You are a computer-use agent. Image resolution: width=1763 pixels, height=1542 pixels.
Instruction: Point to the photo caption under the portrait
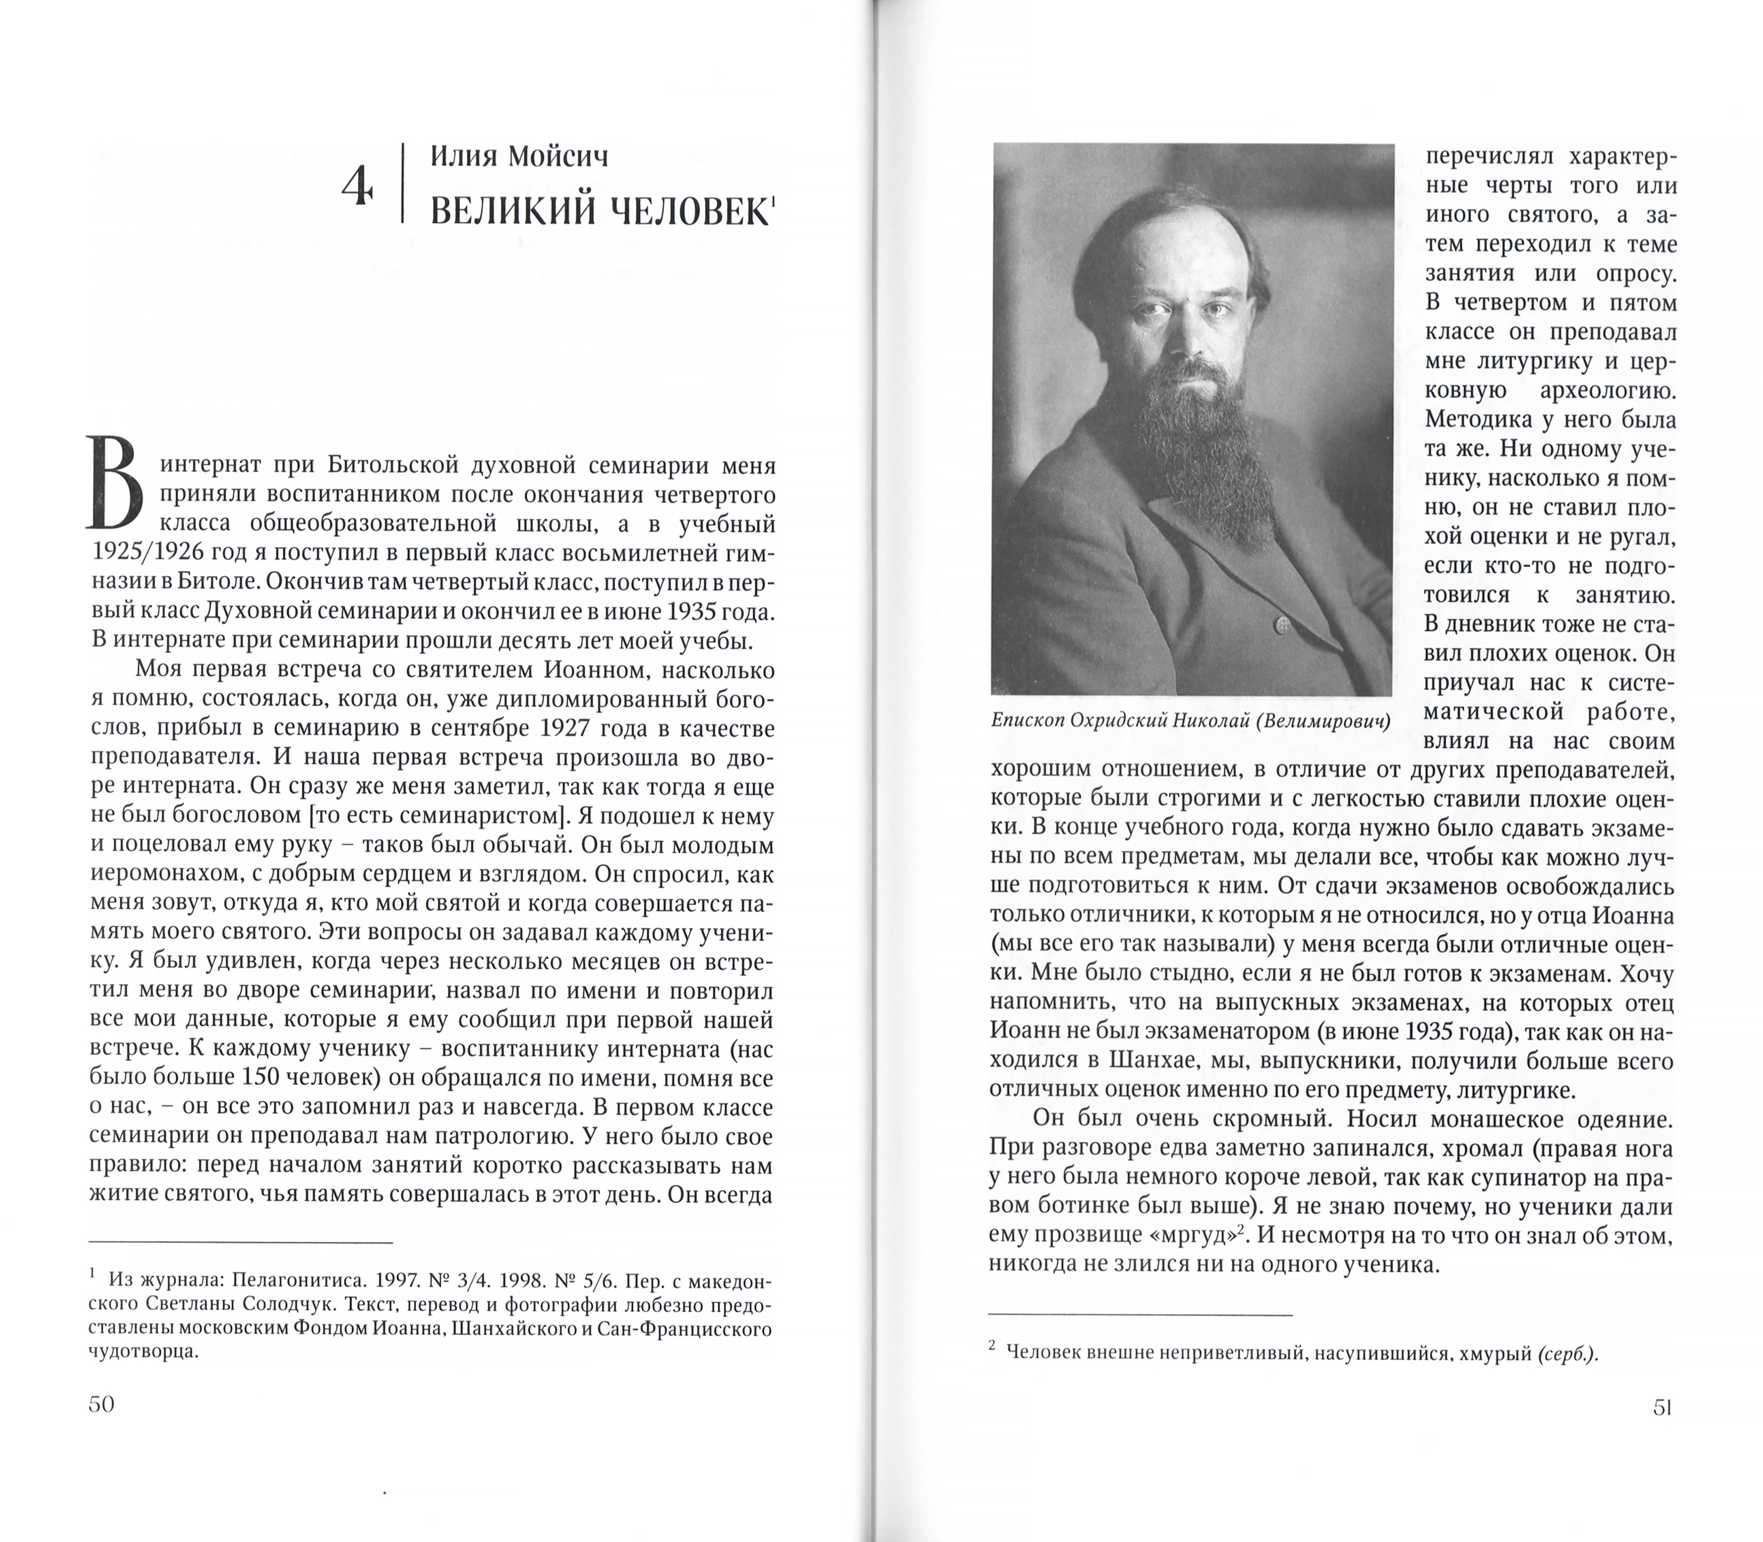(x=1191, y=721)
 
